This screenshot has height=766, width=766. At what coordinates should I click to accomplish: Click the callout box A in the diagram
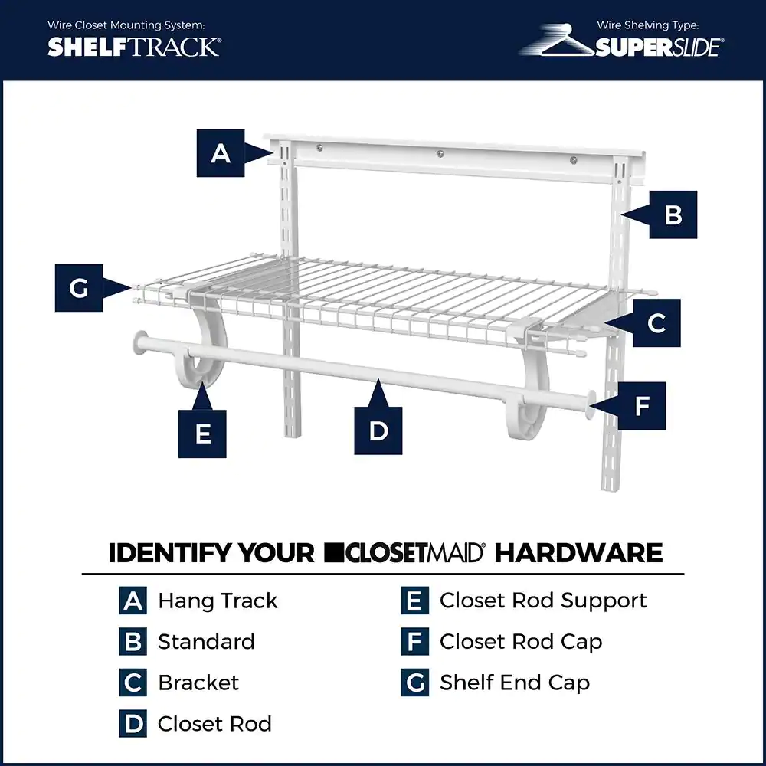221,153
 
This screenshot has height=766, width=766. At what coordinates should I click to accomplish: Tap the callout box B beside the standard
673,214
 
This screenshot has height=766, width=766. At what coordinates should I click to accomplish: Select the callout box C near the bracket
656,323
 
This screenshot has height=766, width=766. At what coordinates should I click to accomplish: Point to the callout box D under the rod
378,430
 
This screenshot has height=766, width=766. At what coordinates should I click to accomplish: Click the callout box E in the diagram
202,434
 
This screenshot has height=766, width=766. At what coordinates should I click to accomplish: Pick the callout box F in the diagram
642,406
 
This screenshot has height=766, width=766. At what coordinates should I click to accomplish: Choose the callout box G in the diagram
79,288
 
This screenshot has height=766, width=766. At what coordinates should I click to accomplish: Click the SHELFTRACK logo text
134,47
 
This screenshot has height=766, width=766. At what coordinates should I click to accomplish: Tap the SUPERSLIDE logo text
658,47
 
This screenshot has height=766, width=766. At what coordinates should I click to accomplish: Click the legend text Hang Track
218,601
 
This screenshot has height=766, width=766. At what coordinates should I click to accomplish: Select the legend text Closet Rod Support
543,601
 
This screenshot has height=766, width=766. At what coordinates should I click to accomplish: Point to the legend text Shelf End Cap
515,683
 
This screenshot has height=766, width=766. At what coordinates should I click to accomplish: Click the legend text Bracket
198,683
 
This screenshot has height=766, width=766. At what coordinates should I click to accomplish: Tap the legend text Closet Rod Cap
521,642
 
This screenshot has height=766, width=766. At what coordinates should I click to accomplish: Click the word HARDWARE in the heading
578,552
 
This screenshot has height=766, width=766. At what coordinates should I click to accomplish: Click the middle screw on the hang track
440,154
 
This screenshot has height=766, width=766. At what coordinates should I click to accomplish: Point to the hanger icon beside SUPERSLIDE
555,41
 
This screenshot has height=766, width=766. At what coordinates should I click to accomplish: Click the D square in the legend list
133,723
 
